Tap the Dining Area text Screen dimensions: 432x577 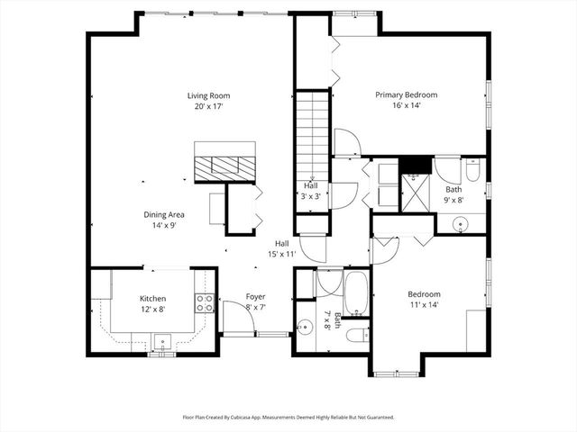click(164, 214)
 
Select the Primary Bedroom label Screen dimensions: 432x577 click(406, 95)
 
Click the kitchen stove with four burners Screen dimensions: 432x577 click(205, 303)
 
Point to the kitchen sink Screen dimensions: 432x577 click(162, 341)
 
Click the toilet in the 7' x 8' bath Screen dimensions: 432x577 click(356, 335)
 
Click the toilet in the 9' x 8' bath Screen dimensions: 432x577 click(472, 170)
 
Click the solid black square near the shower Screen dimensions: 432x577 click(414, 165)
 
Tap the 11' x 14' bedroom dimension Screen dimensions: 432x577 click(423, 305)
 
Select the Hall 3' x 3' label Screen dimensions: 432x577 click(310, 191)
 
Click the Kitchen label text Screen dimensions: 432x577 click(152, 299)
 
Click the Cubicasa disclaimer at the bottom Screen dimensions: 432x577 click(288, 418)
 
